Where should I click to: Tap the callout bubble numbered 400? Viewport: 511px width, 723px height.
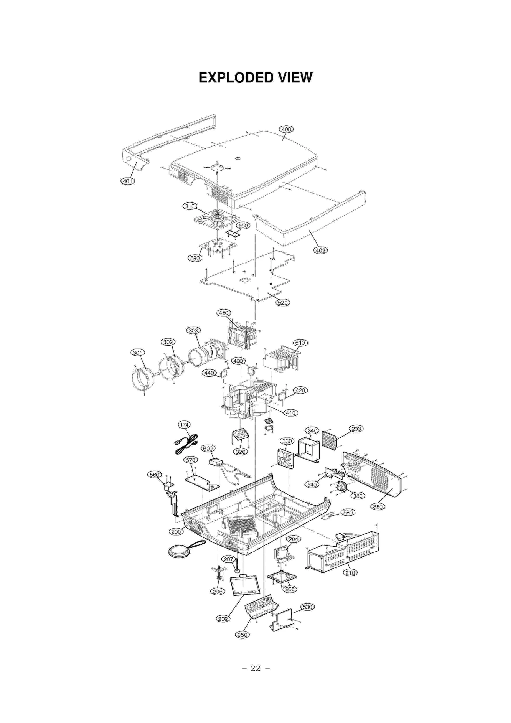click(286, 129)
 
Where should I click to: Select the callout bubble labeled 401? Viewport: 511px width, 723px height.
click(127, 181)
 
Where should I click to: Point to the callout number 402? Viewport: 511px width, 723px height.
click(320, 250)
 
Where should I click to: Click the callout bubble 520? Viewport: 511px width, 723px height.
click(283, 303)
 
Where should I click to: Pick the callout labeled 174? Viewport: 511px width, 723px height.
click(184, 425)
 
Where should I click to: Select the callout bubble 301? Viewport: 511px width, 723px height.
click(137, 353)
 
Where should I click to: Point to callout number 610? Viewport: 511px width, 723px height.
click(300, 343)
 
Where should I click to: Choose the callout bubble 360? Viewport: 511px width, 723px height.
click(378, 506)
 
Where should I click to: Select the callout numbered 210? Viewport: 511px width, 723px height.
click(350, 573)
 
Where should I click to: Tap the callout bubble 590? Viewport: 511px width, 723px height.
click(195, 258)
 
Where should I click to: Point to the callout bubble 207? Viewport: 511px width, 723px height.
click(229, 559)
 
